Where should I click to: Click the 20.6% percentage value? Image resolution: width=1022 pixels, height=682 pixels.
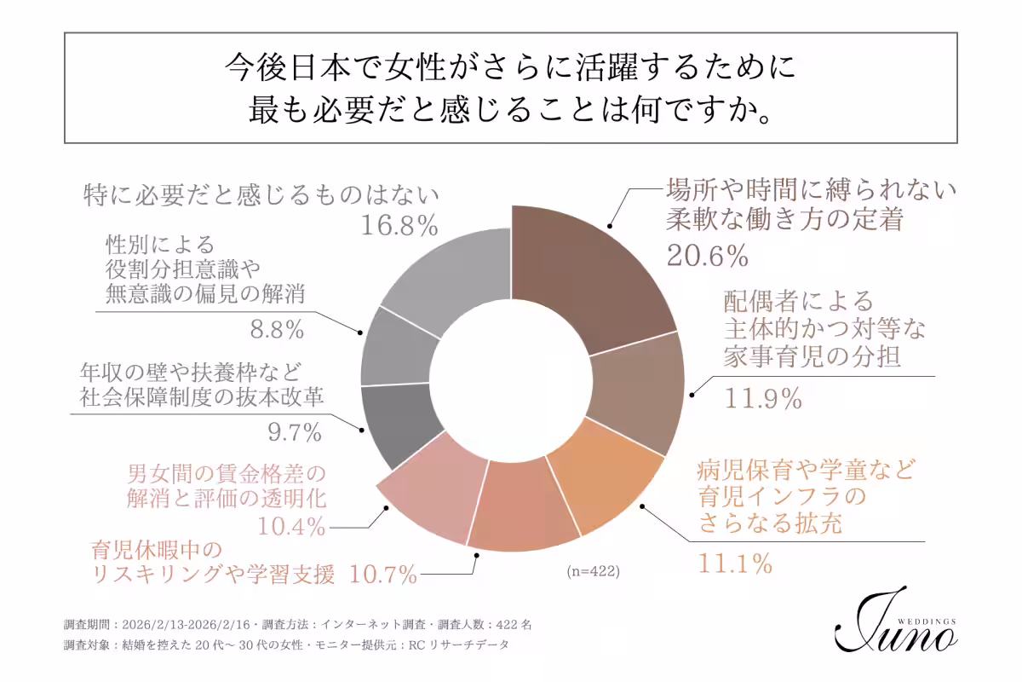click(706, 255)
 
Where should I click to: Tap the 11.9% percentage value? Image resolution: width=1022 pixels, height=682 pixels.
click(763, 398)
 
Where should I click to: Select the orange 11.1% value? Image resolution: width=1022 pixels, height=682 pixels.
click(735, 564)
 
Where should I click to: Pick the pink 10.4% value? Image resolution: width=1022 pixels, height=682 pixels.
click(292, 527)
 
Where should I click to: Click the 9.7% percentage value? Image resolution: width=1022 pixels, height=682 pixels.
click(295, 433)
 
